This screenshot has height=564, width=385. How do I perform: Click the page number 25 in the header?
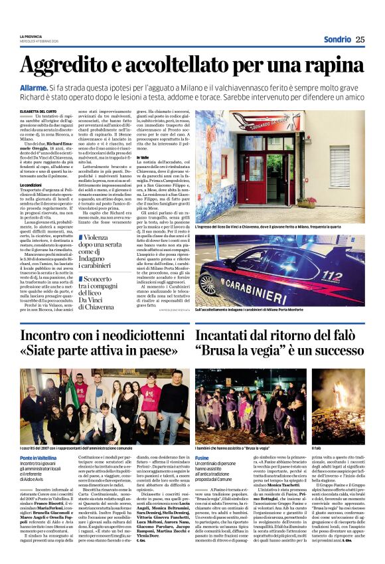pyautogui.click(x=359, y=39)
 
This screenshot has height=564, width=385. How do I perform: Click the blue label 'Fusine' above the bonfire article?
pyautogui.click(x=202, y=440)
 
